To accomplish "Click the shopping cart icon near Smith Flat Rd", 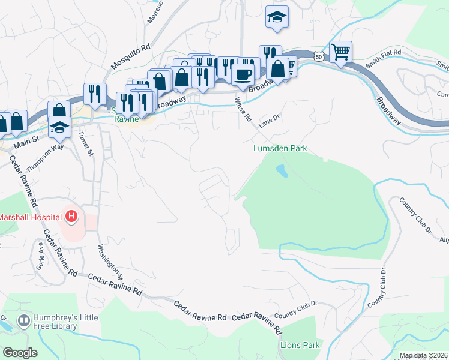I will (x=341, y=52).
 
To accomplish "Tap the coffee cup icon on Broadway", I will (x=243, y=74).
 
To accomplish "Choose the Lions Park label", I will (x=300, y=346).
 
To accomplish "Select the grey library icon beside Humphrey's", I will (x=24, y=321).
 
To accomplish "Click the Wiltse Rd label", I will (x=243, y=109).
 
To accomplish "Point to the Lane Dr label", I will (x=270, y=122).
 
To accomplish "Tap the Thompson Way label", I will (x=44, y=156).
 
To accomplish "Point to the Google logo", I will (x=19, y=352).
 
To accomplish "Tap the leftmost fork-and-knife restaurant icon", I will (x=95, y=94).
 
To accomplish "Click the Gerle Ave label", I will (x=40, y=256).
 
